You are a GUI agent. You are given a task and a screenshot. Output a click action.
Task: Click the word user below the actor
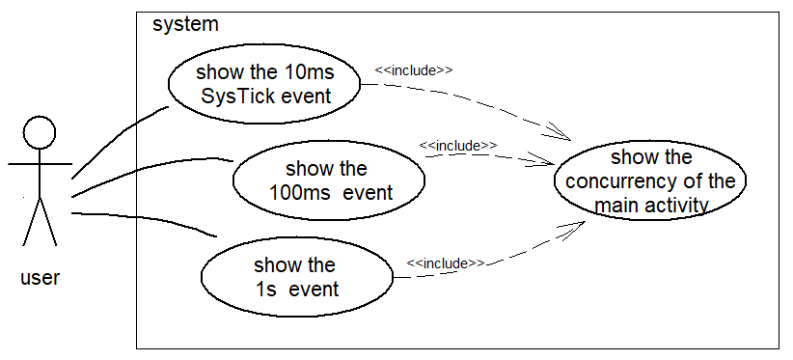pyautogui.click(x=40, y=277)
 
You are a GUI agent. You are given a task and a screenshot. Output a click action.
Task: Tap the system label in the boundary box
pyautogui.click(x=185, y=24)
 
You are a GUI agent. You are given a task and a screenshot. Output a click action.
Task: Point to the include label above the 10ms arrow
pyautogui.click(x=414, y=70)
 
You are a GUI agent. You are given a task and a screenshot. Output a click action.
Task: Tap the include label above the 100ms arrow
pyautogui.click(x=458, y=146)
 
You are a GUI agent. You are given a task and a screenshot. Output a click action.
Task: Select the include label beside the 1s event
pyautogui.click(x=446, y=263)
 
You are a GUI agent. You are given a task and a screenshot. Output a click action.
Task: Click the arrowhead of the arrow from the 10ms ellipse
pyautogui.click(x=570, y=140)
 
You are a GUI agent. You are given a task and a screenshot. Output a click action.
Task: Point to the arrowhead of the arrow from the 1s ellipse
pyautogui.click(x=586, y=221)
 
